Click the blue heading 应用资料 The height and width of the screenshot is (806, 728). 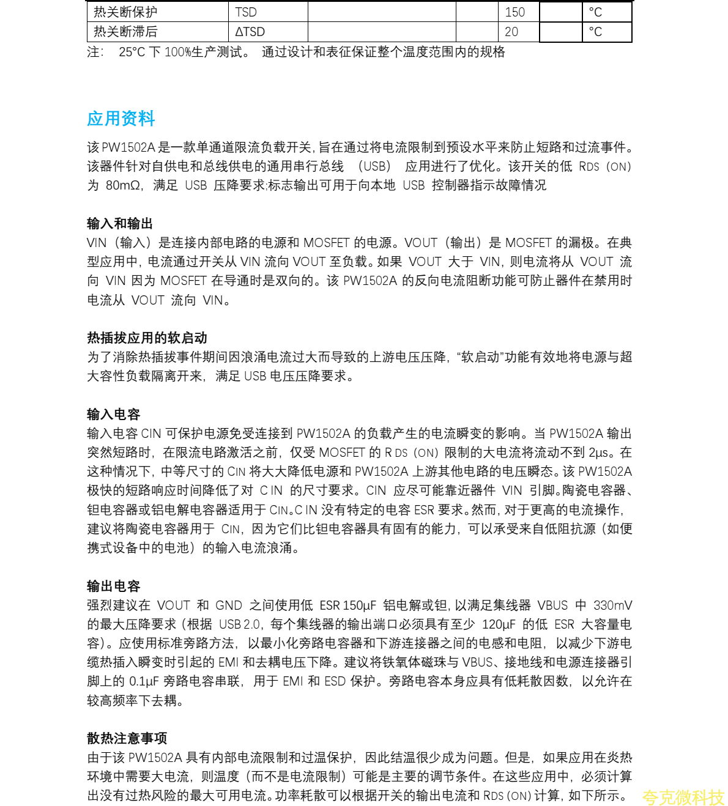click(x=121, y=119)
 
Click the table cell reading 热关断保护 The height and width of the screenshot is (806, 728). click(x=125, y=12)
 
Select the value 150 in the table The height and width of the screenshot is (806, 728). click(x=515, y=12)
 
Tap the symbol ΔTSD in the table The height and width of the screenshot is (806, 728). click(x=250, y=32)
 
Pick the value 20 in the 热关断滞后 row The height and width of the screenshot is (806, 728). click(x=511, y=32)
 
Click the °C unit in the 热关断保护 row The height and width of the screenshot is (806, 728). click(x=595, y=12)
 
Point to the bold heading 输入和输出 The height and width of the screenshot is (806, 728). click(x=120, y=224)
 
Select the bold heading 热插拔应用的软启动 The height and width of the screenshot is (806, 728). click(x=147, y=338)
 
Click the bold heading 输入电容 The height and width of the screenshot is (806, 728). click(x=113, y=415)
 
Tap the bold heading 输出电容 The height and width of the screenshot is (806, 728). click(x=113, y=586)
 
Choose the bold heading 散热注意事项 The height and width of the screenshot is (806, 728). click(x=127, y=739)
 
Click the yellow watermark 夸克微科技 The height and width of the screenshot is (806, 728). click(x=683, y=797)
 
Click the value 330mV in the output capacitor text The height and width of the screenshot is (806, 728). click(x=612, y=605)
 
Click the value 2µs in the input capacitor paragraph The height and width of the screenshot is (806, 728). click(x=598, y=453)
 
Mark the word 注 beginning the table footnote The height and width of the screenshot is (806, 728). click(x=94, y=52)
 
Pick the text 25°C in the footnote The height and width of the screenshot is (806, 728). click(x=132, y=52)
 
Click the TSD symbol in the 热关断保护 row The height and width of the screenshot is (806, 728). click(x=246, y=12)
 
